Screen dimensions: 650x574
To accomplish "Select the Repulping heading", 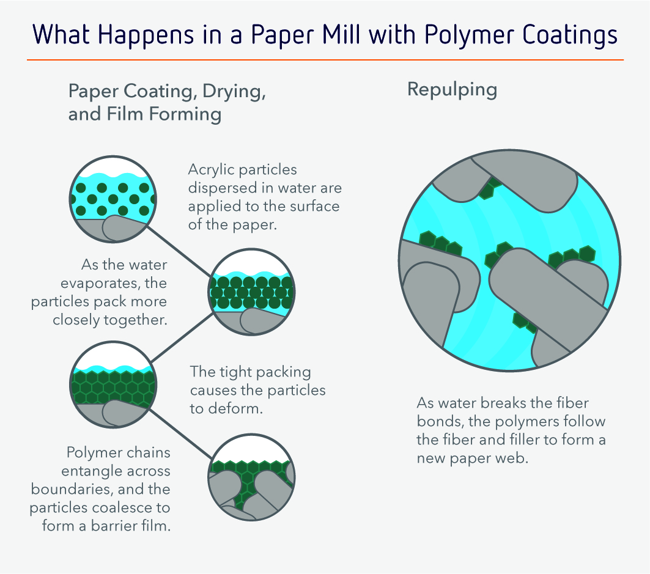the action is click(x=452, y=90).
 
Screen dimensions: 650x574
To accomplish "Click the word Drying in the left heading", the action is click(x=234, y=92).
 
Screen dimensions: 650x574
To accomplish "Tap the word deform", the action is click(x=235, y=408).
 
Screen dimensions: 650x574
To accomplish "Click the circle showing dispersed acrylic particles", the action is click(x=113, y=199).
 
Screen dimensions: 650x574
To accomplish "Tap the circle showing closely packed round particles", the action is click(x=252, y=292).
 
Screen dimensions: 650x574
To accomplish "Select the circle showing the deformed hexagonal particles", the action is click(x=113, y=385).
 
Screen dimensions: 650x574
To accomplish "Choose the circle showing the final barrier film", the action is click(x=252, y=477).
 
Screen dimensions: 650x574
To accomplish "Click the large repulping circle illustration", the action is click(x=509, y=260).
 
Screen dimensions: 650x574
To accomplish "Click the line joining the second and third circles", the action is click(x=182, y=337).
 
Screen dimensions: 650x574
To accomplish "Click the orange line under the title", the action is click(x=325, y=60).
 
